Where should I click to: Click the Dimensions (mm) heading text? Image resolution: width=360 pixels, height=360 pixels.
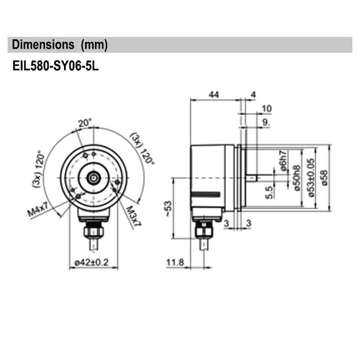click(60, 45)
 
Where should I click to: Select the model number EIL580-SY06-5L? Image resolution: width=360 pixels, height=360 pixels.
click(55, 67)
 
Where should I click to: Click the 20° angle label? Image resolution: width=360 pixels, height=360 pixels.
click(84, 122)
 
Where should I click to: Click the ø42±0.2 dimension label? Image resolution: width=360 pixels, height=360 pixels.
click(93, 262)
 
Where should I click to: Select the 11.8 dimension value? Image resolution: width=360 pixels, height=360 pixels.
click(175, 262)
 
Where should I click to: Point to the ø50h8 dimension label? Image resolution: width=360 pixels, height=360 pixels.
click(297, 178)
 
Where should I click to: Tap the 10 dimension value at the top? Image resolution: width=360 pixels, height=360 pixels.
click(266, 108)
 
